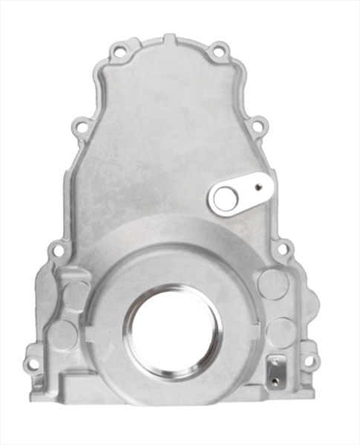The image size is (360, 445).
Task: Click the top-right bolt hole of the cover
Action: tap(217, 52)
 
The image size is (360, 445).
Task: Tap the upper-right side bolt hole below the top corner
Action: tap(256, 127)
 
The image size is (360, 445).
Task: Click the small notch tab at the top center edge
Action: tap(170, 37)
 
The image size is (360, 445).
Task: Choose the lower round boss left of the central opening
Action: tap(65, 334)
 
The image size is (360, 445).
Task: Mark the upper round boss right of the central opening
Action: tap(271, 285)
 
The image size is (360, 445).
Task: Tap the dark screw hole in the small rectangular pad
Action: tap(275, 380)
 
